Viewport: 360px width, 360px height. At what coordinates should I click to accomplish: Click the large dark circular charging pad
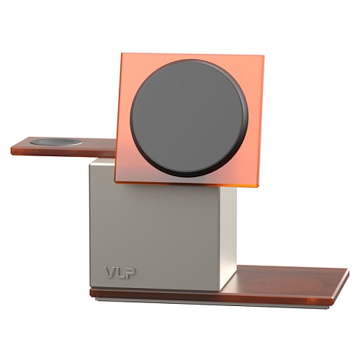tap(189, 118)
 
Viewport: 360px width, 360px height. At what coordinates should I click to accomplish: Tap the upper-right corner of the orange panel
tap(262, 57)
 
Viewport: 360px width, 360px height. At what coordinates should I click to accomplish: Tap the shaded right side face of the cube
tap(229, 230)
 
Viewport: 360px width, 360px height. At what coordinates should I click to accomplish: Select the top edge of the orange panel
tap(191, 55)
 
